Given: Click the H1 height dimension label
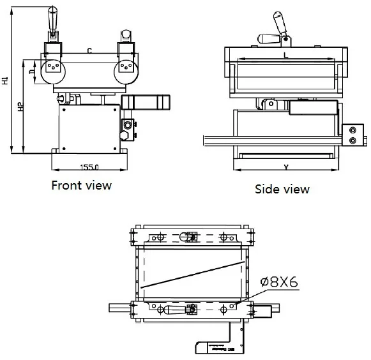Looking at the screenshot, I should (x=5, y=81).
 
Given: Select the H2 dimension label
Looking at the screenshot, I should (x=21, y=107).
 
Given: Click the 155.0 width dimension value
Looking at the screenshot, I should (x=89, y=167).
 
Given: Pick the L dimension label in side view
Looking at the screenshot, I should (x=285, y=56).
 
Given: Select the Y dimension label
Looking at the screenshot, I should (x=285, y=168).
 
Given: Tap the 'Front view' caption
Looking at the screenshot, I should (x=81, y=186).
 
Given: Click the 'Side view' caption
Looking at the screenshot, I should (x=282, y=189).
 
